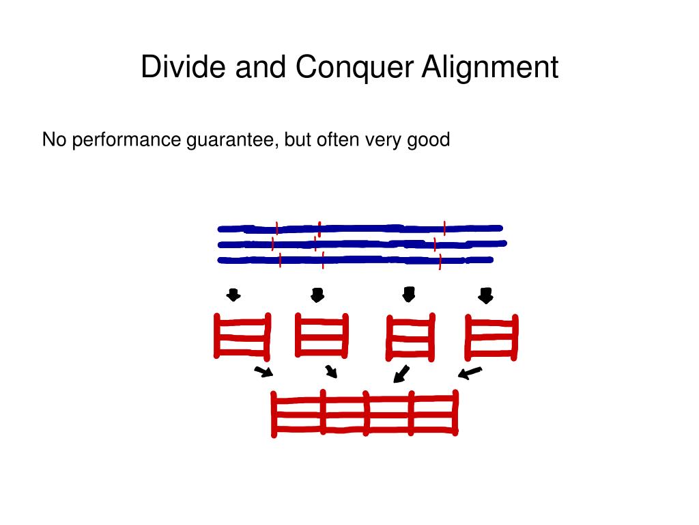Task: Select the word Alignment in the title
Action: (x=489, y=68)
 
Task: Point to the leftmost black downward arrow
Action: (x=233, y=295)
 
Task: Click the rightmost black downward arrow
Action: (x=485, y=296)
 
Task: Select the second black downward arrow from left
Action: (x=317, y=295)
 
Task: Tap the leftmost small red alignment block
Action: (x=242, y=336)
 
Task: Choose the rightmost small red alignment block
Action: (x=491, y=336)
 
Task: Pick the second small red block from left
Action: (x=322, y=335)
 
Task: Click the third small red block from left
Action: (x=410, y=336)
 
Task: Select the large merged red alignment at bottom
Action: (x=365, y=413)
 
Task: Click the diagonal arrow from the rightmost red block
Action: (x=470, y=373)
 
